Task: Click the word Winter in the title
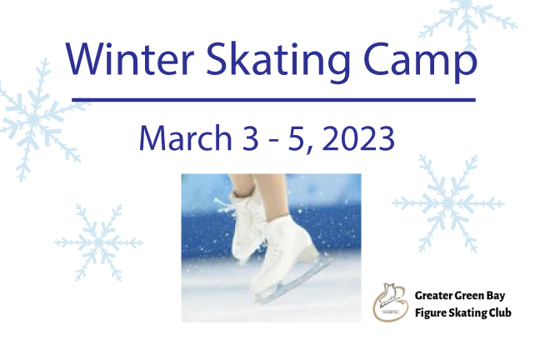pyautogui.click(x=130, y=58)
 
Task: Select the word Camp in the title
pyautogui.click(x=420, y=62)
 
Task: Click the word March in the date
pyautogui.click(x=186, y=137)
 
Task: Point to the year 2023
pyautogui.click(x=358, y=138)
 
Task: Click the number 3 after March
pyautogui.click(x=250, y=138)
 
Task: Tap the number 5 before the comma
pyautogui.click(x=296, y=138)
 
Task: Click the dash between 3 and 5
pyautogui.click(x=273, y=142)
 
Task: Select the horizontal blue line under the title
pyautogui.click(x=274, y=100)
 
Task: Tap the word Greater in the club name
pyautogui.click(x=433, y=296)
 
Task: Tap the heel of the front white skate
pyautogui.click(x=309, y=252)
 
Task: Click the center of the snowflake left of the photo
pyautogui.click(x=99, y=242)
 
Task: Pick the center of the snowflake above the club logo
pyautogui.click(x=447, y=203)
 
